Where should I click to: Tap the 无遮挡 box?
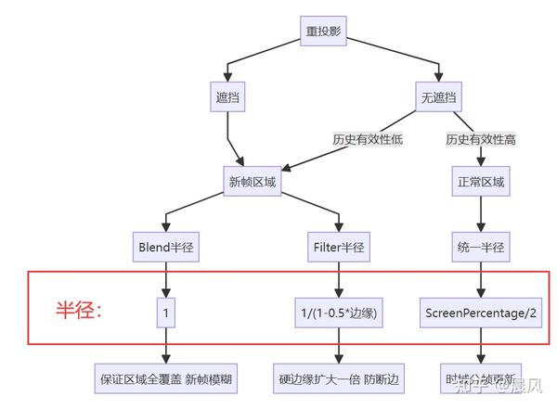(x=438, y=96)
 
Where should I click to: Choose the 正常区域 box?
(x=480, y=181)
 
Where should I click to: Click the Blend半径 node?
(x=166, y=248)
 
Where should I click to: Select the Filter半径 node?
(x=338, y=248)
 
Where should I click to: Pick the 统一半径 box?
(x=480, y=248)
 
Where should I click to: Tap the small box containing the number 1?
(x=166, y=313)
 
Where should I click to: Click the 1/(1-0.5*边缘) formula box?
(x=338, y=313)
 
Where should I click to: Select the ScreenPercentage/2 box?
(x=480, y=313)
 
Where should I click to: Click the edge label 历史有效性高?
(x=480, y=139)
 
